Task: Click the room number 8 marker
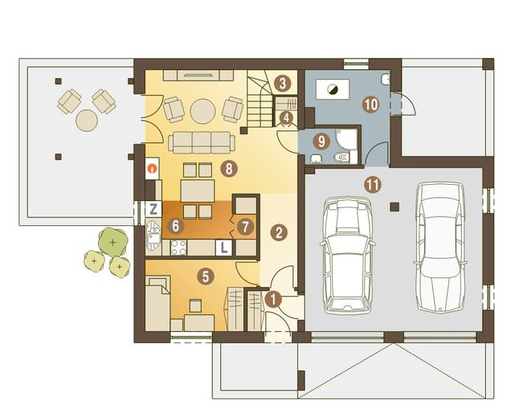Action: [x=229, y=169]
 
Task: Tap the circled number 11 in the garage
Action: [x=374, y=185]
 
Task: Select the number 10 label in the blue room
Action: [x=370, y=104]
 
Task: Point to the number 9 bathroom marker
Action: [x=321, y=141]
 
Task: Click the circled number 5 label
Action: [x=206, y=277]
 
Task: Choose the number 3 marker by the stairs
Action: [x=282, y=84]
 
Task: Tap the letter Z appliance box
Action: [x=153, y=209]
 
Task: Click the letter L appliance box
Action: [x=224, y=248]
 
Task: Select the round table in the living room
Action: [x=202, y=111]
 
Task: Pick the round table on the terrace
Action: [x=87, y=121]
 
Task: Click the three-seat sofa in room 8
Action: [x=202, y=142]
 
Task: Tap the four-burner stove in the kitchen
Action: [x=179, y=248]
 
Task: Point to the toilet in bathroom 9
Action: [x=342, y=157]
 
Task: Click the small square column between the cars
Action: [x=394, y=207]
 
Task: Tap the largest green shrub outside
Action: [x=113, y=241]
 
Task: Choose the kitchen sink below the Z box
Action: [x=153, y=235]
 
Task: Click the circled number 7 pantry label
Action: [x=245, y=227]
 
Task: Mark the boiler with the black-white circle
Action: [x=333, y=89]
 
